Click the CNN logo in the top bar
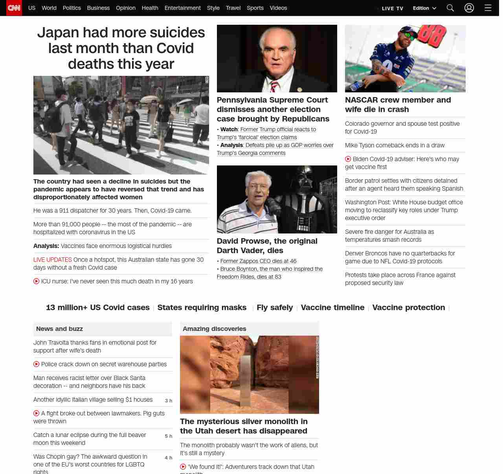(14, 8)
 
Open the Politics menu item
(72, 8)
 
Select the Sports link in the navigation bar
(255, 8)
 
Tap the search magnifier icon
(450, 8)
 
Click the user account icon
(469, 8)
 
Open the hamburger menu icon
(488, 8)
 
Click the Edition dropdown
(424, 8)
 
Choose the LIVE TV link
(392, 9)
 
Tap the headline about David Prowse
(267, 246)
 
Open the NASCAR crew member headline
(398, 105)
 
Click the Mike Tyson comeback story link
(395, 145)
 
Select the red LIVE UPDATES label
(53, 260)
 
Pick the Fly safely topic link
(275, 307)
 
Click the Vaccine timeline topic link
(332, 307)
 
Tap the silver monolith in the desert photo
(246, 380)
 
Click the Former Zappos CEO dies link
(258, 261)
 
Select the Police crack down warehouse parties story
(104, 364)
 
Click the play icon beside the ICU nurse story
(37, 281)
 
